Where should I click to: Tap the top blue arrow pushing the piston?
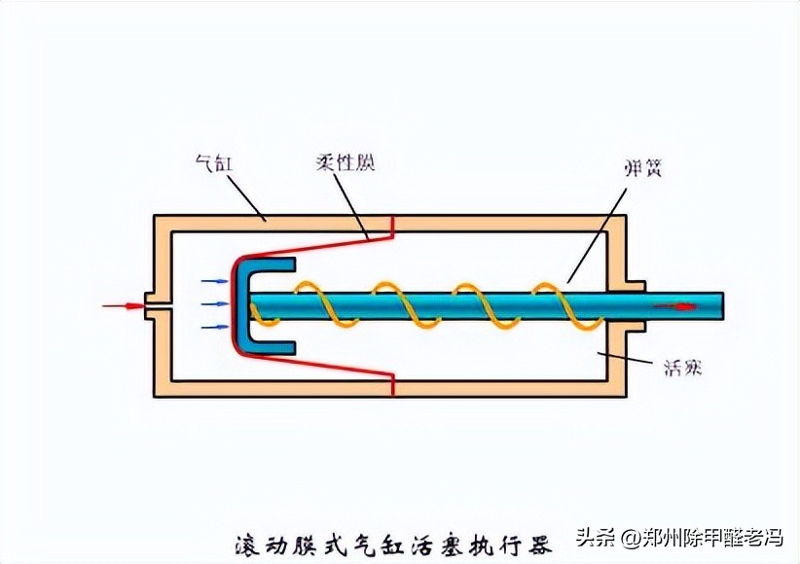[x=213, y=282]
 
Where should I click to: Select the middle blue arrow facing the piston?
[x=213, y=304]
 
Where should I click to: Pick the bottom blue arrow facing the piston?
[x=213, y=328]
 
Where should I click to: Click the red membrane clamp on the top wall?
[x=392, y=226]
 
